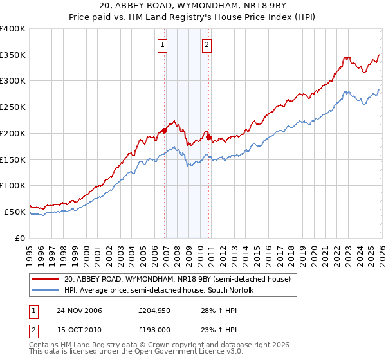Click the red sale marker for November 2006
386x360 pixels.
click(x=165, y=130)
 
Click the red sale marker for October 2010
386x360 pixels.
click(x=208, y=137)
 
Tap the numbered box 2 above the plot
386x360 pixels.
click(x=207, y=45)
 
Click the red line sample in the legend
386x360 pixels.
click(x=46, y=279)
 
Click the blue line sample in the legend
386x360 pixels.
click(x=46, y=290)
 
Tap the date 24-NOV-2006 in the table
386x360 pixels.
click(x=79, y=310)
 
